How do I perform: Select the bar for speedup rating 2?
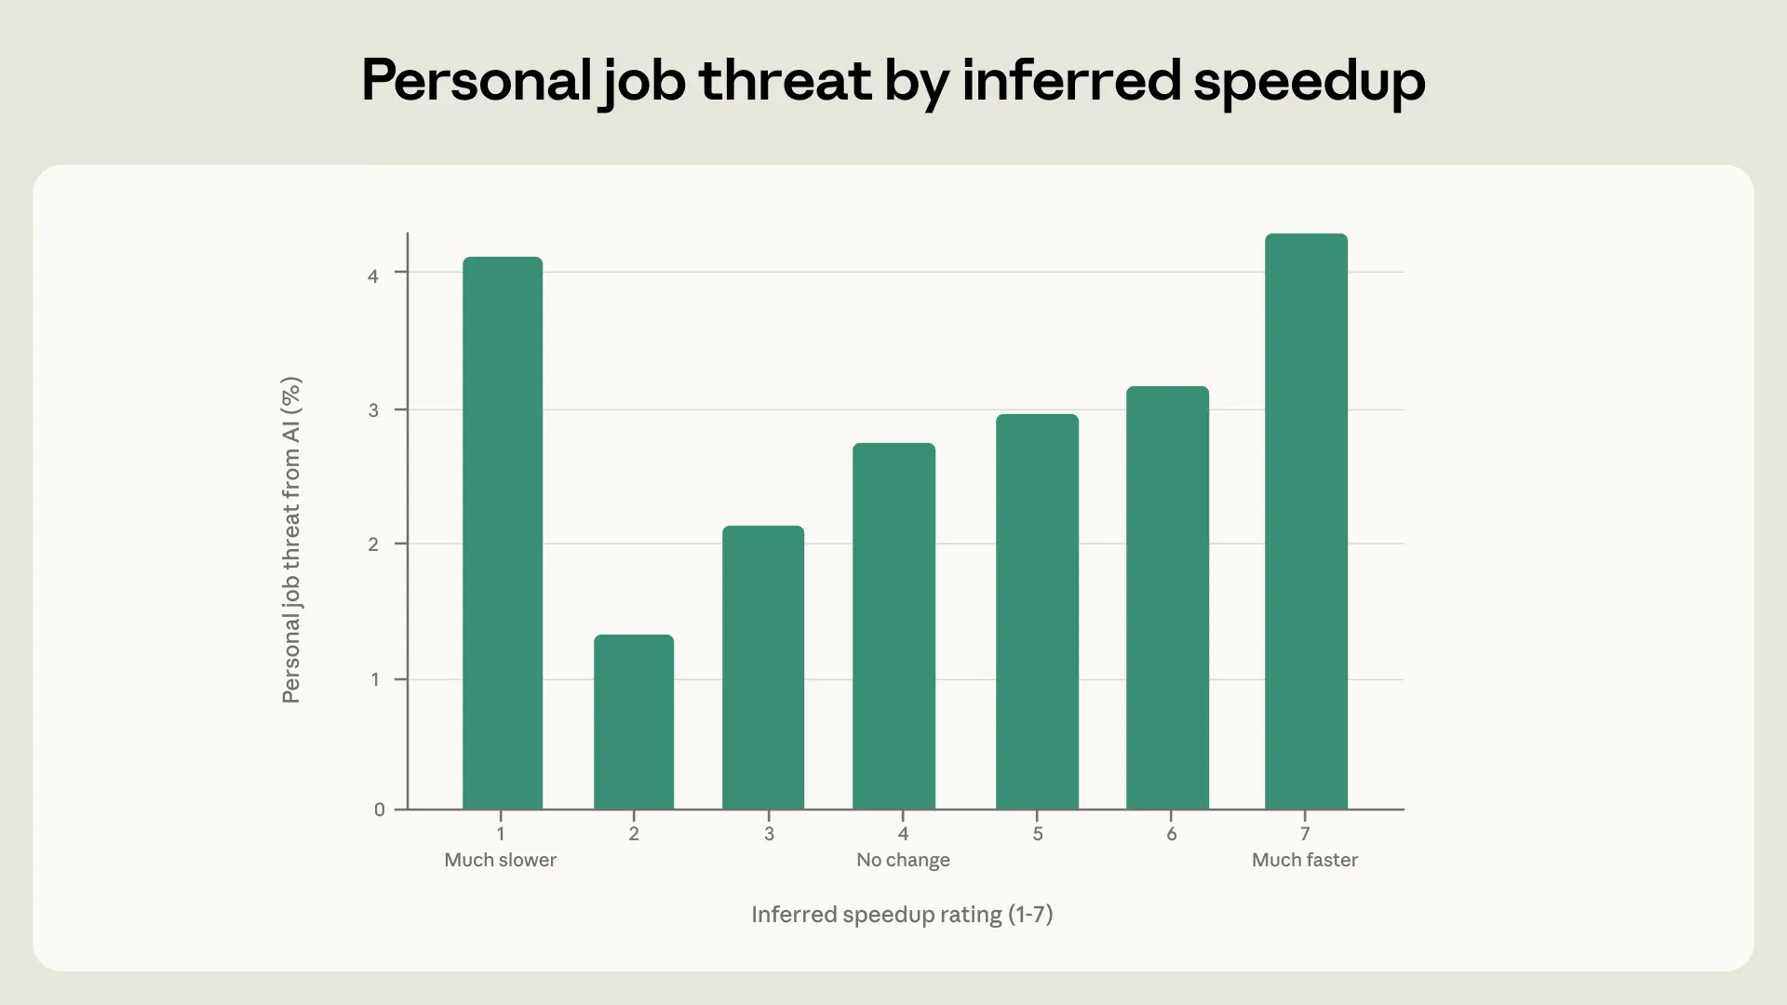633,722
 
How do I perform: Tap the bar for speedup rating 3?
762,667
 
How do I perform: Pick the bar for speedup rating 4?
893,626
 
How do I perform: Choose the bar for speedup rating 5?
1037,611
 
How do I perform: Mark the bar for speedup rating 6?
1167,597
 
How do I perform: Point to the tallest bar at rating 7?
1306,521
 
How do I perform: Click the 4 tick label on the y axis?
373,276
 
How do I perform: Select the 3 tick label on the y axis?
373,410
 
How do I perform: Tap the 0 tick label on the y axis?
379,811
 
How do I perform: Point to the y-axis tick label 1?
374,679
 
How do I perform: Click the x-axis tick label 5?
1038,834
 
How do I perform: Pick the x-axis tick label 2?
634,834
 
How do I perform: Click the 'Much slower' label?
500,860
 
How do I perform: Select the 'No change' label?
903,860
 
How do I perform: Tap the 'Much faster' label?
1304,860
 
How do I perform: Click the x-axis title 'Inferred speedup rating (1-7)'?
902,915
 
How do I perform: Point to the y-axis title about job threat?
291,540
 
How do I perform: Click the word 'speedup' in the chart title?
1309,82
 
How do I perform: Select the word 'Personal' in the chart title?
476,80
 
